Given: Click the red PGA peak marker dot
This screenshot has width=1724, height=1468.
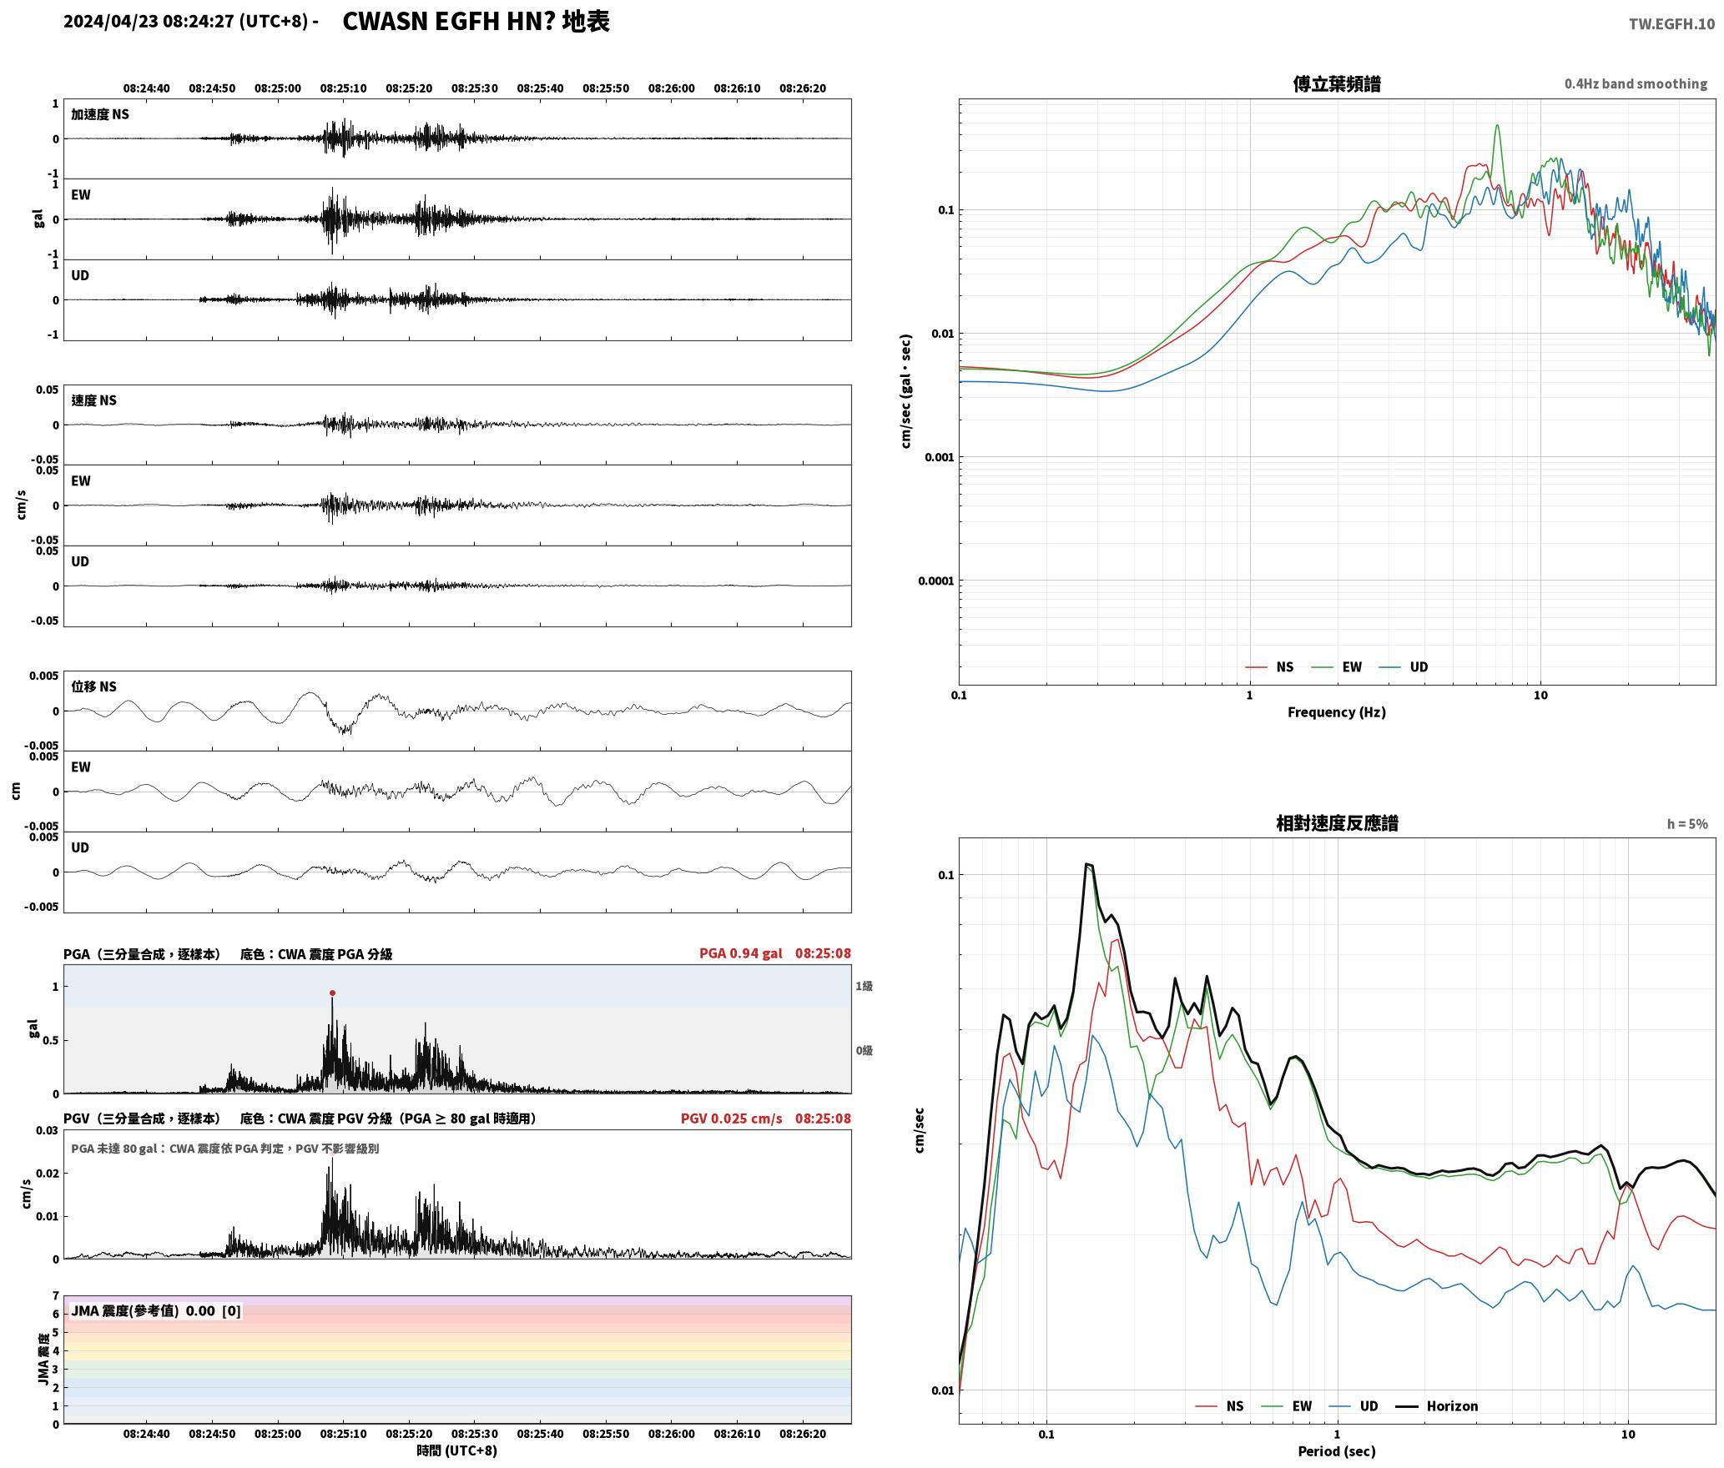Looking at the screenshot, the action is click(332, 993).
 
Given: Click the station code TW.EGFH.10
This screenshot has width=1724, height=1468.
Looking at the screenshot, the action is click(1671, 24).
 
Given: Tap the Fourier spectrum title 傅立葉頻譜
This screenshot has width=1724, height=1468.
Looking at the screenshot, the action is click(1336, 83).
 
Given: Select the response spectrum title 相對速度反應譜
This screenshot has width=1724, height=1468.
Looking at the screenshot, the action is click(1337, 823).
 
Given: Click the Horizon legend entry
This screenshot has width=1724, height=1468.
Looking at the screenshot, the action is click(1437, 1405).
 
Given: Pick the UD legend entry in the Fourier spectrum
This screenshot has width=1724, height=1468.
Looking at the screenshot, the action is click(1404, 666).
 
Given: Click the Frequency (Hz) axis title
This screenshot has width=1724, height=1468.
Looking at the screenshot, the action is click(1336, 711).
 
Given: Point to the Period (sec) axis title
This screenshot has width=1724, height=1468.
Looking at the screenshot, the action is click(1336, 1450).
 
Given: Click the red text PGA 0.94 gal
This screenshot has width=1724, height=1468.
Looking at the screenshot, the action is click(740, 953).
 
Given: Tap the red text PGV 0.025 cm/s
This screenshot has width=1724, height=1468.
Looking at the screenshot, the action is click(731, 1118).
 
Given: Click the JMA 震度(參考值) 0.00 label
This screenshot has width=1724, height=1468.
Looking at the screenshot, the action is click(156, 1310).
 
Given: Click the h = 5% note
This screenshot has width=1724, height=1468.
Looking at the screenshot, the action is click(1687, 824).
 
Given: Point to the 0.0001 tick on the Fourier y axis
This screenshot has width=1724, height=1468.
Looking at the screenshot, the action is click(935, 581).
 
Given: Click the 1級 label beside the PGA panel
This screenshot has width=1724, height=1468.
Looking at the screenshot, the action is click(864, 986).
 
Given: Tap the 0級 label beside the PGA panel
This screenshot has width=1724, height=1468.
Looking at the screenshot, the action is click(864, 1050).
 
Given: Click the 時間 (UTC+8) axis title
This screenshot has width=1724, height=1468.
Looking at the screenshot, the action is click(457, 1450).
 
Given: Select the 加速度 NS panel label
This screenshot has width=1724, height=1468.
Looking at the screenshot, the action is click(100, 114).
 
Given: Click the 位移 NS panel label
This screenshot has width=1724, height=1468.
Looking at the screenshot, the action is click(93, 686).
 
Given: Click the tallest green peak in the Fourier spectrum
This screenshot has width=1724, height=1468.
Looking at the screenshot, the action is click(1497, 126).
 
